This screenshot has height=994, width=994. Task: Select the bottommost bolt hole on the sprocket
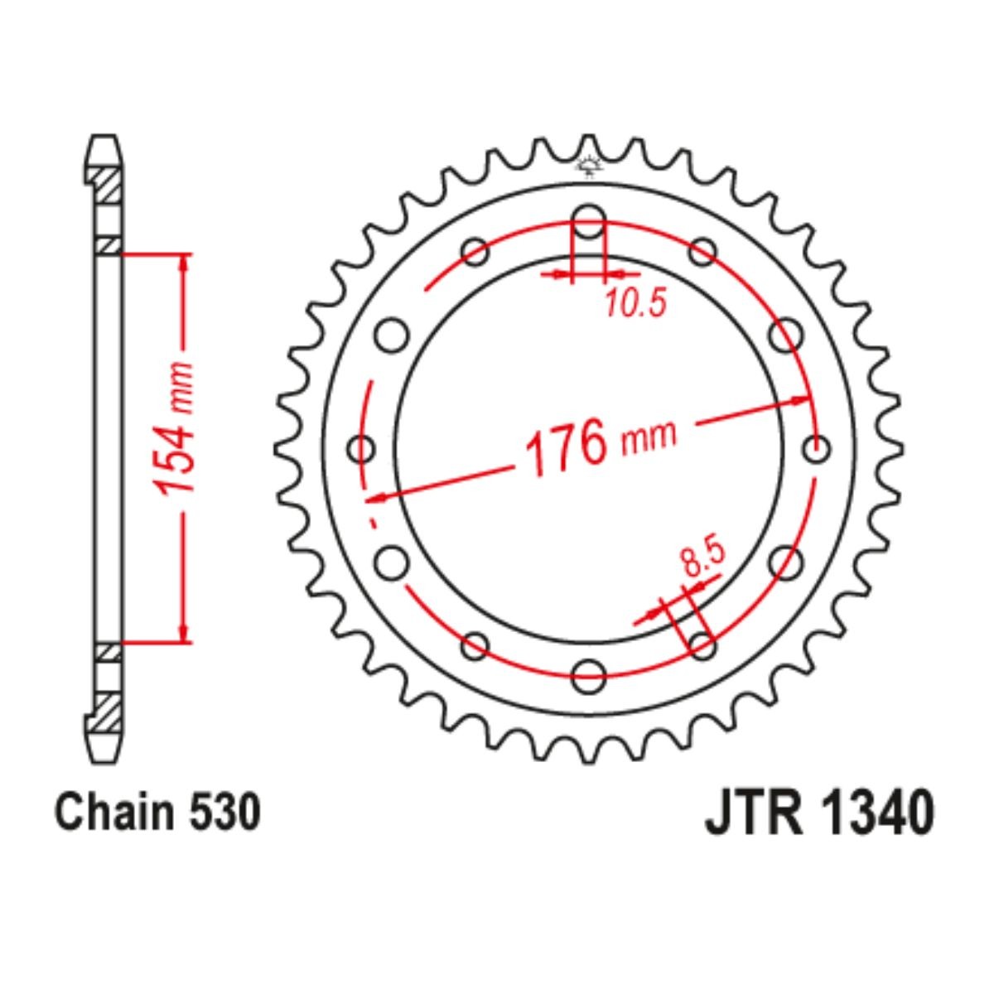pos(589,673)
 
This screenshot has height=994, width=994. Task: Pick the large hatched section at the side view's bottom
pos(107,710)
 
